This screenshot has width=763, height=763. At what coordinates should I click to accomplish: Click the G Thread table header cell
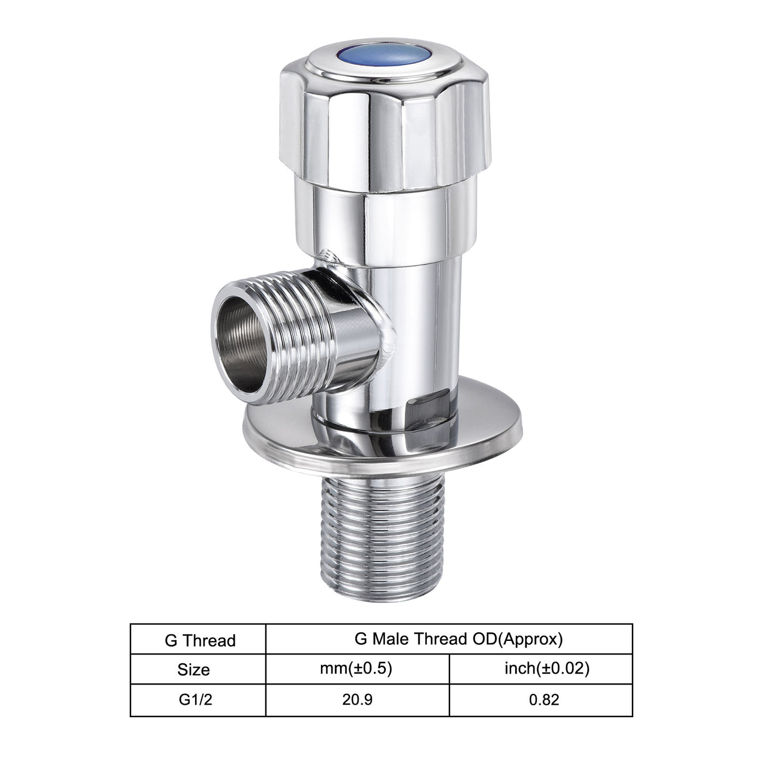tap(199, 640)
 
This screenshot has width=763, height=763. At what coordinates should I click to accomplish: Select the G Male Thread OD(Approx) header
tap(457, 639)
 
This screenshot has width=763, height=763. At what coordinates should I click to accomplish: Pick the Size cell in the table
tap(193, 669)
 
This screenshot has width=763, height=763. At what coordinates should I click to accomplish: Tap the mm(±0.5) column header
tap(356, 668)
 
